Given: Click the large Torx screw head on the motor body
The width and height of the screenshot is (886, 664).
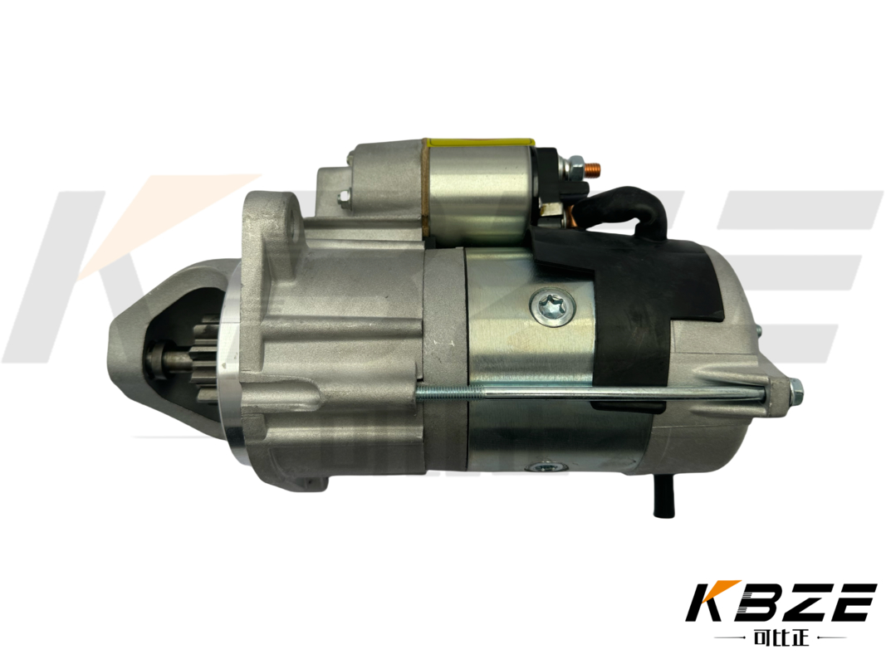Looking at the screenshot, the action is point(553,308).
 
